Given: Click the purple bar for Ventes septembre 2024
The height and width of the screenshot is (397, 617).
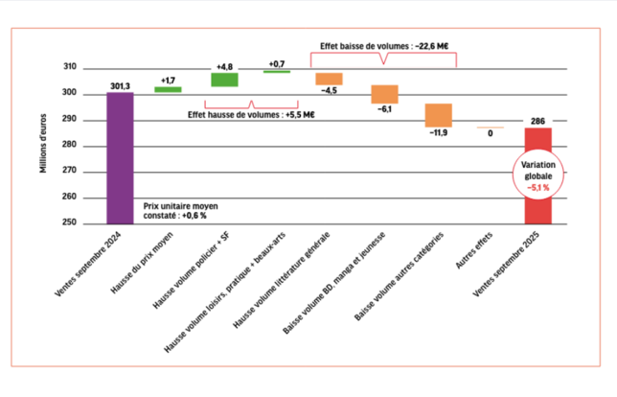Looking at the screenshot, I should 120,158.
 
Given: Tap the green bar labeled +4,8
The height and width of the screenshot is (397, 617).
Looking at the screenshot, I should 224,80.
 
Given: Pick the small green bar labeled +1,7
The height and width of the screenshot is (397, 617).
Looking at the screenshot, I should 169,89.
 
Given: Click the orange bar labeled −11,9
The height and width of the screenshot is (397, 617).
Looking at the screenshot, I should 439,115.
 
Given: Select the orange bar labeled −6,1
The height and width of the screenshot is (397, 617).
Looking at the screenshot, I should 384,94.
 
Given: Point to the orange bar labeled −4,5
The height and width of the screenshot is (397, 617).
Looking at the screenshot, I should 330,79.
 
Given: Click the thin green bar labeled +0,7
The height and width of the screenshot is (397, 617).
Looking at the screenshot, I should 277,71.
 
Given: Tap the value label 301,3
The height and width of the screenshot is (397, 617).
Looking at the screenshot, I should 120,85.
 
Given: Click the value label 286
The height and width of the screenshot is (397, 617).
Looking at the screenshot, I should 537,121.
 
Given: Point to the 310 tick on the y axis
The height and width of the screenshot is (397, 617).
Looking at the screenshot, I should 70,67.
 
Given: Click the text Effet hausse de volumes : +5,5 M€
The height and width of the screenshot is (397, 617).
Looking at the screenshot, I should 250,114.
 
